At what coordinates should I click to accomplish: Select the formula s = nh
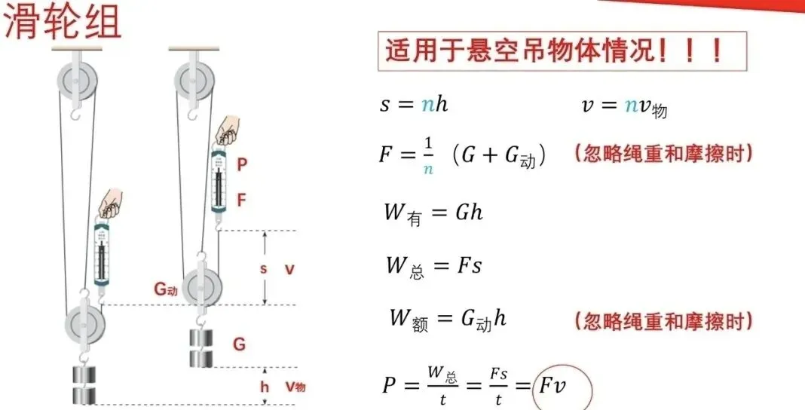click(x=414, y=105)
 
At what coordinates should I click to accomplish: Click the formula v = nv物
click(x=624, y=106)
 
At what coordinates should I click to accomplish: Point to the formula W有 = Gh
click(x=433, y=213)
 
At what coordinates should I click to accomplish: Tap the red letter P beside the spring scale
click(x=241, y=164)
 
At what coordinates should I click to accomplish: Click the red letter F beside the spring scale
click(x=241, y=200)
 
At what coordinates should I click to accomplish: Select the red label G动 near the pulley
click(x=166, y=288)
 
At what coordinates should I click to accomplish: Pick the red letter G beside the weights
click(x=239, y=344)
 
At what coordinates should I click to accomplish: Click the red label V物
click(x=295, y=387)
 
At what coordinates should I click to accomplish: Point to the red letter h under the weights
click(x=265, y=387)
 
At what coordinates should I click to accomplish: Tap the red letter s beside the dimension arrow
click(x=263, y=268)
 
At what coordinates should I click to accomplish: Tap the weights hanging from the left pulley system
click(x=84, y=384)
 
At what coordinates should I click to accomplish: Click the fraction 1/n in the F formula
click(x=428, y=155)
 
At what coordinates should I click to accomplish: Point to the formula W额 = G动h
click(x=448, y=319)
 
